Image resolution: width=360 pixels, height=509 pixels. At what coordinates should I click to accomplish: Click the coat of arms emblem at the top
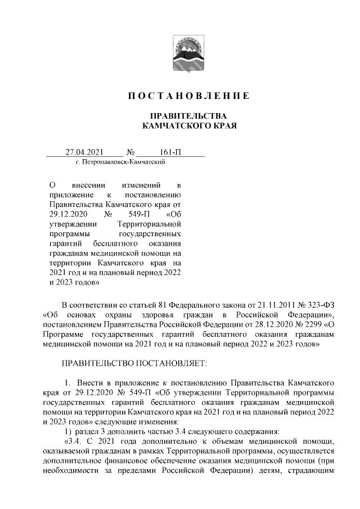pyautogui.click(x=180, y=52)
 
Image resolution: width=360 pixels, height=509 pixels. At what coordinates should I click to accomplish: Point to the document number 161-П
pyautogui.click(x=170, y=152)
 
